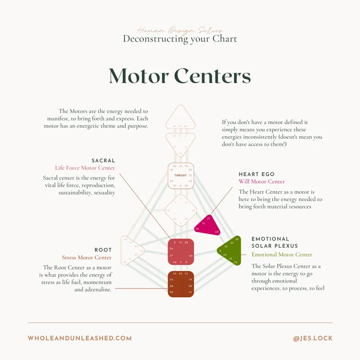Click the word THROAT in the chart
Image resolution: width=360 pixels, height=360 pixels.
[x=180, y=175]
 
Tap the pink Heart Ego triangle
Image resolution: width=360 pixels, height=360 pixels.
[x=206, y=224]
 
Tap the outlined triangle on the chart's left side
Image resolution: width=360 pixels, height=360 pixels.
[x=132, y=251]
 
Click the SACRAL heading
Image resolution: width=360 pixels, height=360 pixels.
[x=103, y=161]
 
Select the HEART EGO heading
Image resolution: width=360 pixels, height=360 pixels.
[x=256, y=174]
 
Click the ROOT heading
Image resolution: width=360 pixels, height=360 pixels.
[x=103, y=250]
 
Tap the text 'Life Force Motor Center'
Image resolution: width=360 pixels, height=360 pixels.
[x=85, y=168]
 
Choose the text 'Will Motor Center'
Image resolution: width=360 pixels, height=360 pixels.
[x=262, y=182]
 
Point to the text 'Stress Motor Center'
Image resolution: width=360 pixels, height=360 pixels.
[x=87, y=258]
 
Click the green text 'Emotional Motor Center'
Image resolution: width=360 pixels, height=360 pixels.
[x=282, y=254]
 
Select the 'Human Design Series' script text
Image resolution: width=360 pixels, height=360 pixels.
[x=180, y=30]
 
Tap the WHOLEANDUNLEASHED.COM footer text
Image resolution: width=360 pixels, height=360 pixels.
[x=80, y=338]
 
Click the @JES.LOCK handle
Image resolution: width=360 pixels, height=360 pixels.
[x=313, y=338]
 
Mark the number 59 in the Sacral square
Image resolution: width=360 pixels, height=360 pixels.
[x=190, y=255]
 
